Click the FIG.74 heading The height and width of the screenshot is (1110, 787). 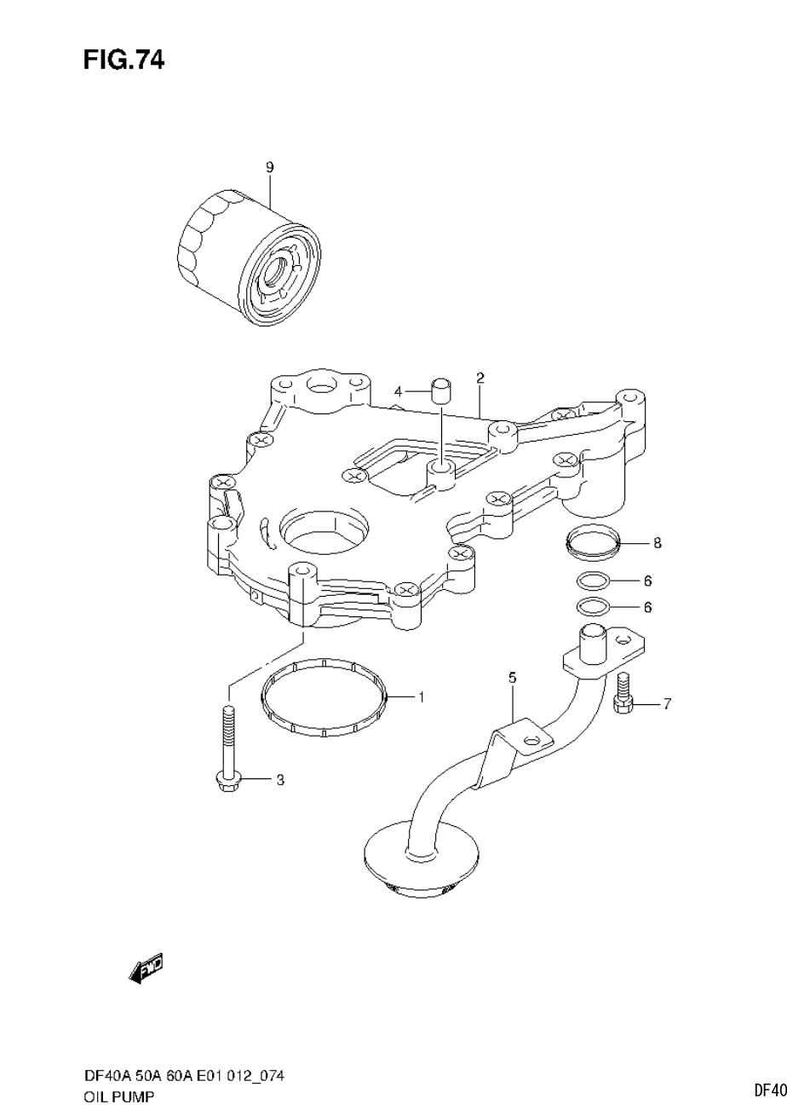[124, 61]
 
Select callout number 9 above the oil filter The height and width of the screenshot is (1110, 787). [270, 168]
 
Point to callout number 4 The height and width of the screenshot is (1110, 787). [398, 391]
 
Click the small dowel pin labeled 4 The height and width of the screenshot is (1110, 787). [439, 391]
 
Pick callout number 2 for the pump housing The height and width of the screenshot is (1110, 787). [480, 377]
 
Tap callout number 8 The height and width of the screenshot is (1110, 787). [657, 542]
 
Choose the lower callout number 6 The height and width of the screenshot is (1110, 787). [647, 608]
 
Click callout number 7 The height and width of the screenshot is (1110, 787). [667, 703]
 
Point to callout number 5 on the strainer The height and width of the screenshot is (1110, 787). [513, 678]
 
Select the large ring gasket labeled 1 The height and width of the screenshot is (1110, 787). [324, 697]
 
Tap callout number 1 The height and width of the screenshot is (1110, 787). [421, 697]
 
